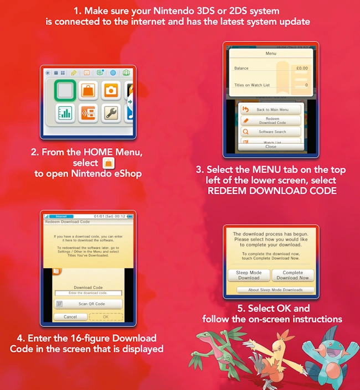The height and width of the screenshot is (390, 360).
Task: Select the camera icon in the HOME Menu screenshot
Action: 111,89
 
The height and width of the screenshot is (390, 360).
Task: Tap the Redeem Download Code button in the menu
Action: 271,121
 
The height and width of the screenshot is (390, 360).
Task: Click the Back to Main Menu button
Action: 271,110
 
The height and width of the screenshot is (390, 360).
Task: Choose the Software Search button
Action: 271,132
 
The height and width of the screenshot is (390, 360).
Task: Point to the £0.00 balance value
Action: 301,69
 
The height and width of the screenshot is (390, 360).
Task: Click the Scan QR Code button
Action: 89,304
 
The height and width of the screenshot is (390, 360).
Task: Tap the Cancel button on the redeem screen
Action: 70,317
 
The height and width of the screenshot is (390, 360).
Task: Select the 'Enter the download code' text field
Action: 89,293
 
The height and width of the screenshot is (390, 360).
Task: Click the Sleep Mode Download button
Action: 249,275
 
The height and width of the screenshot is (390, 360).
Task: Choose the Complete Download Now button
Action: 292,275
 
